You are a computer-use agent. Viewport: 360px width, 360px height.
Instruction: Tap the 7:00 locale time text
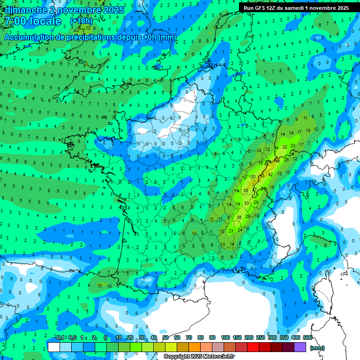coord(33,21)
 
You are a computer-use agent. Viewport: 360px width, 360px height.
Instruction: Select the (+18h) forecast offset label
coord(81,21)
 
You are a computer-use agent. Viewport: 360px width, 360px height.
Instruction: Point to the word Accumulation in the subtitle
coord(28,37)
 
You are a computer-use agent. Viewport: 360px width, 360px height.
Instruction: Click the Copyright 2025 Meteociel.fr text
coord(200,356)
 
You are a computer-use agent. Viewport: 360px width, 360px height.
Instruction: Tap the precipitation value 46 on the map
coord(277,161)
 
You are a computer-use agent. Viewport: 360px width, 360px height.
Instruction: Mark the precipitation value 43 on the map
coord(262,175)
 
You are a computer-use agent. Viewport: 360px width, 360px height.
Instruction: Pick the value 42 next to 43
coord(270,175)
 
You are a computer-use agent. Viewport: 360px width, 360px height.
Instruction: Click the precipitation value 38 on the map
coord(246,190)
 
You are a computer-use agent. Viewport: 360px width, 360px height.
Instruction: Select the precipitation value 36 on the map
coord(239,217)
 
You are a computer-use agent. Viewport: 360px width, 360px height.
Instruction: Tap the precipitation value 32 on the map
coord(285,147)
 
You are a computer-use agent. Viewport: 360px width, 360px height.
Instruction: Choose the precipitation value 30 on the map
coord(253,177)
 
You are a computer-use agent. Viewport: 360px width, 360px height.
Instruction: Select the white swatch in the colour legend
coord(54,347)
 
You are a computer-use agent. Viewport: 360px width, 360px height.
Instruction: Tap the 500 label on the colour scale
coord(307,337)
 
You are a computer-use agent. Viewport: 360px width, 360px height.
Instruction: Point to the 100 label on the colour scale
coord(225,337)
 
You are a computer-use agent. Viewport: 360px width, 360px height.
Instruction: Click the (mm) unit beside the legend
coord(317,348)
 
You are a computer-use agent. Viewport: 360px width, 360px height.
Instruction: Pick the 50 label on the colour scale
coord(165,337)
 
